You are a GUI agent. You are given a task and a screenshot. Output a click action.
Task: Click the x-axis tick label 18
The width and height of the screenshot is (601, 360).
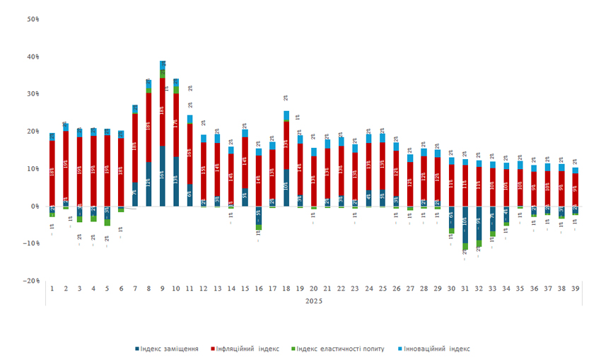(x=286, y=289)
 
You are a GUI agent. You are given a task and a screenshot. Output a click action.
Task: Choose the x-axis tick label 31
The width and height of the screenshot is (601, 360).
(x=465, y=289)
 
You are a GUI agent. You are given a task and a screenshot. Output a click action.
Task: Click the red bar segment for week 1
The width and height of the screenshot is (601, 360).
(x=52, y=173)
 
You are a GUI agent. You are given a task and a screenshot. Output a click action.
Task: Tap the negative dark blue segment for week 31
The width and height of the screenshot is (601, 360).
(x=465, y=224)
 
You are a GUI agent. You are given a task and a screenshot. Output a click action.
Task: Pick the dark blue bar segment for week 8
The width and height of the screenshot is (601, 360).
(x=148, y=184)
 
